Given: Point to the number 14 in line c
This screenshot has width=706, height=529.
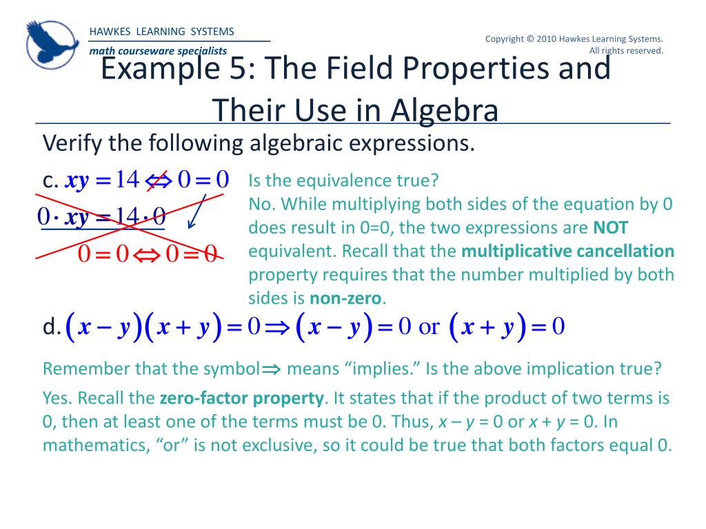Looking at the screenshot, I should tap(128, 180).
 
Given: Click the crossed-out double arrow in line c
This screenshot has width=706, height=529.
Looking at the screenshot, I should tap(158, 180).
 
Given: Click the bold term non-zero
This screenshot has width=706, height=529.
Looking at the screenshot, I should tap(345, 298).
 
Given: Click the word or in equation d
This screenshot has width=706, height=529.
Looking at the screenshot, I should tap(429, 327).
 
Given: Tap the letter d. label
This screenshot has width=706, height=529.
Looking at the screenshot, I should tap(52, 328).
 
